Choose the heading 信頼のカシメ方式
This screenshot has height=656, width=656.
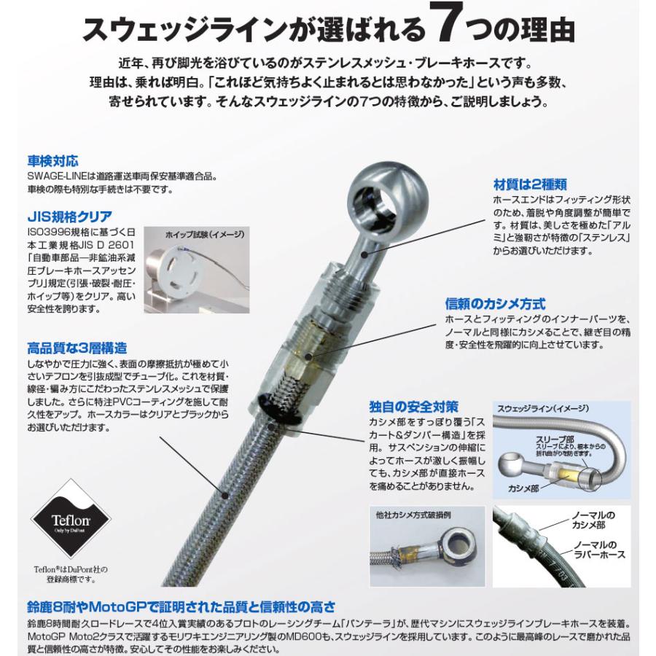click(495, 302)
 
